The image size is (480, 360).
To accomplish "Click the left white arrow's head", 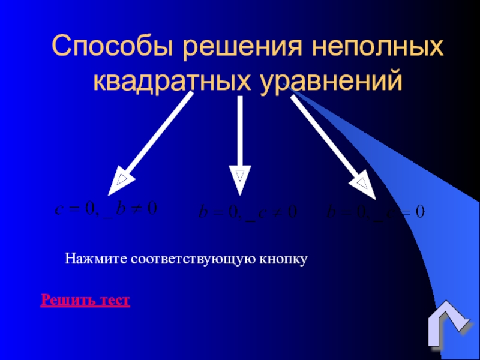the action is tap(120, 180).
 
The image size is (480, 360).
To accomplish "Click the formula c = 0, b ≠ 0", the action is tap(106, 209).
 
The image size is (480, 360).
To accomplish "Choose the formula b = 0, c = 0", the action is tap(374, 212).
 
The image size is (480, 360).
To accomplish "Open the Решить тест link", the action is tap(85, 299).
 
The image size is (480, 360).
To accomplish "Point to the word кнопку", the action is tap(284, 259).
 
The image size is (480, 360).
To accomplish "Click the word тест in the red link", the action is tap(115, 299).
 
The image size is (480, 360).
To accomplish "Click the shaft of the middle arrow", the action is tap(240, 132).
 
